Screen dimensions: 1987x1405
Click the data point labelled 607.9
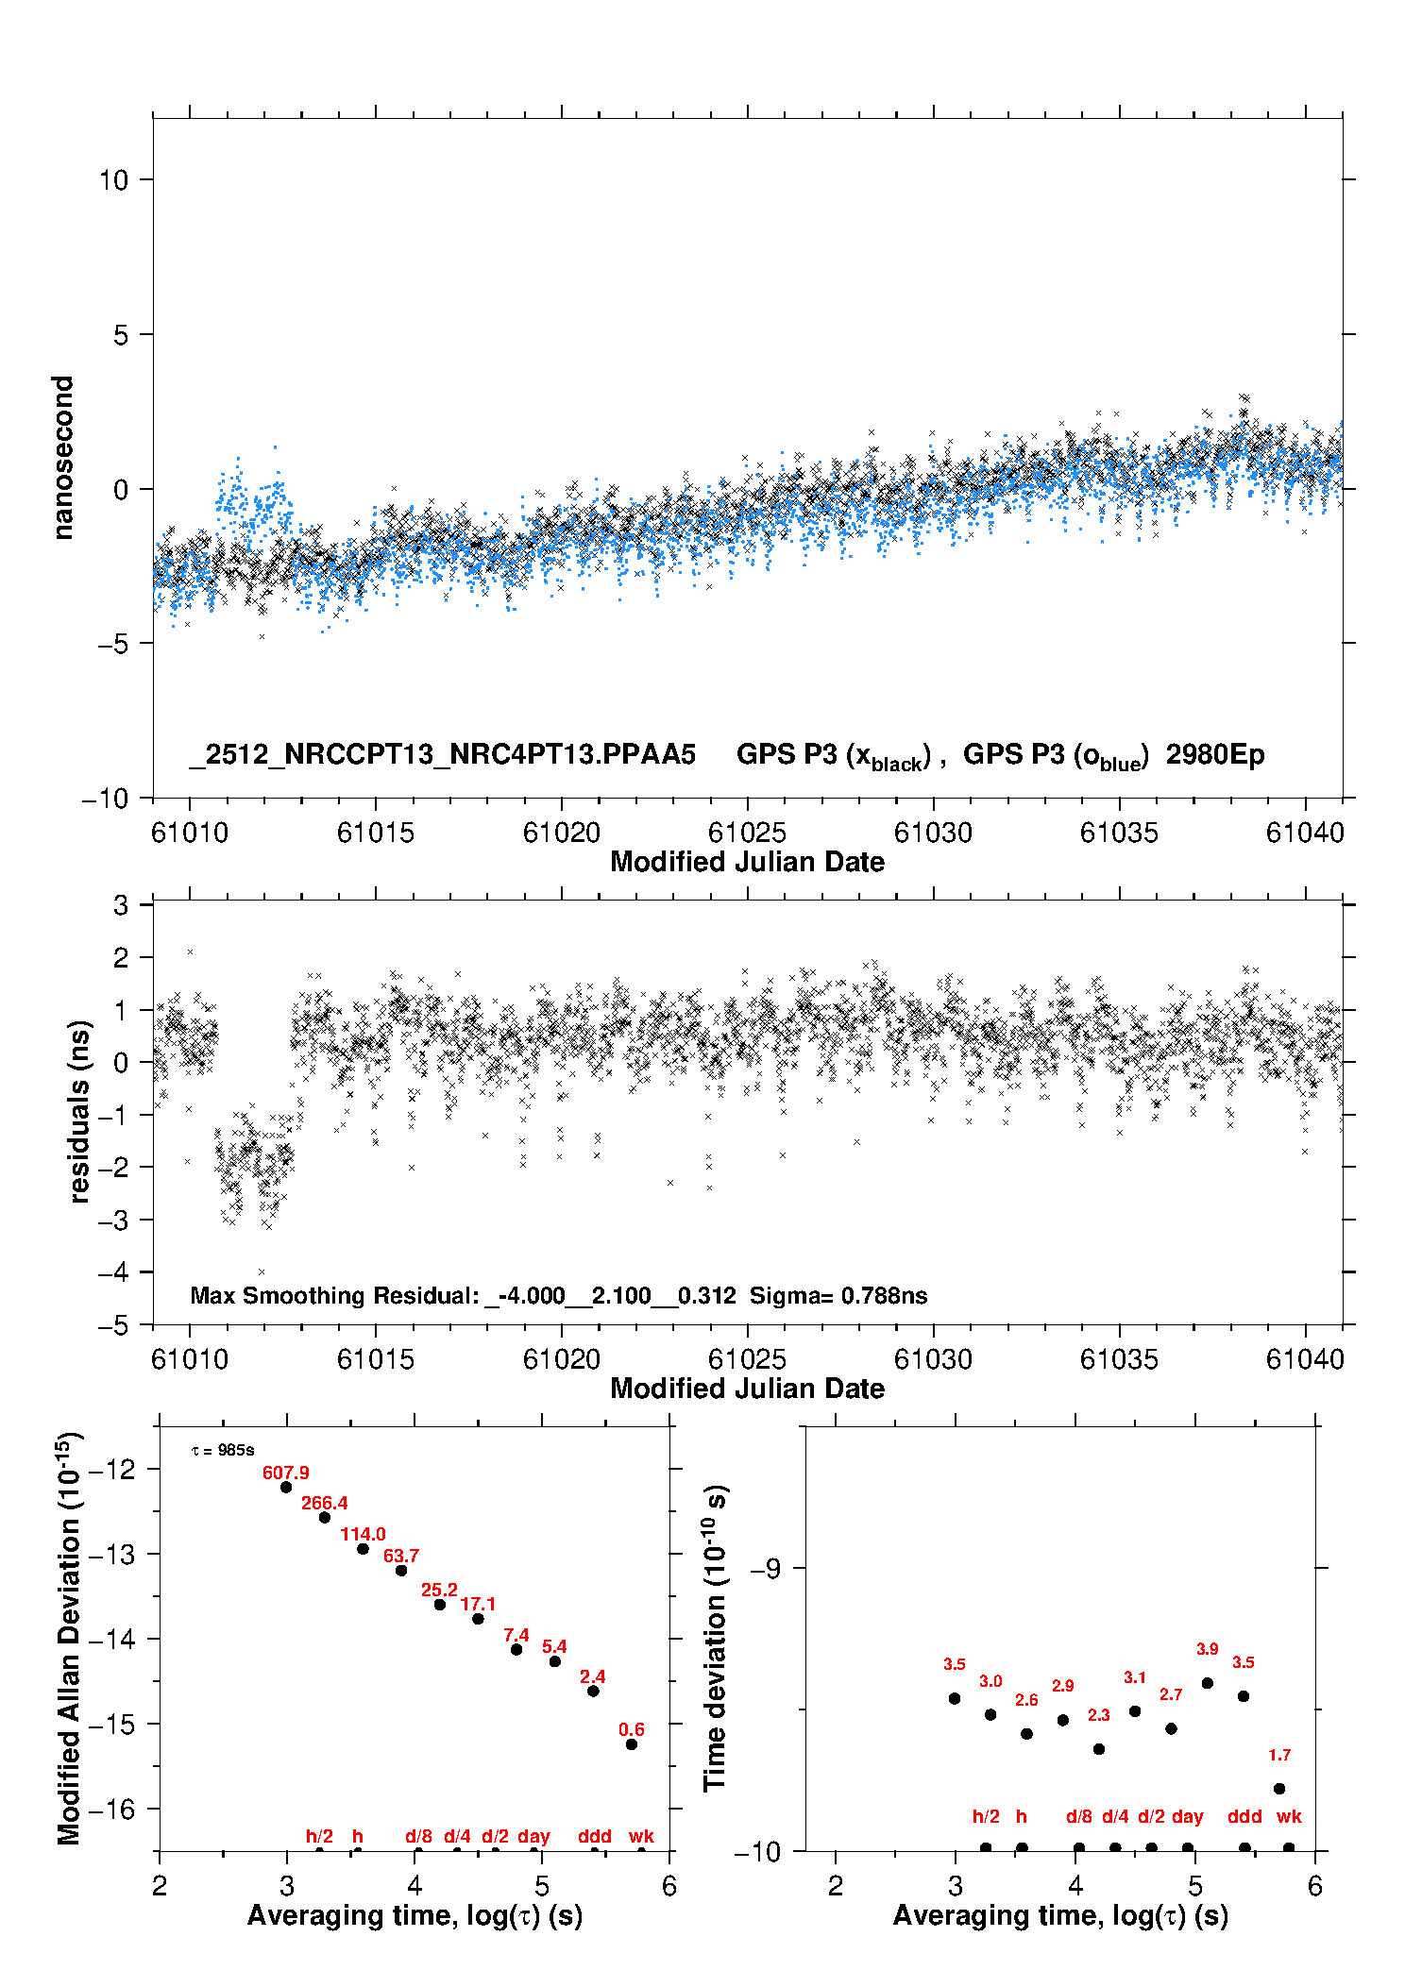pos(286,1487)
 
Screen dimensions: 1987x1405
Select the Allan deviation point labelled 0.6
pos(632,1744)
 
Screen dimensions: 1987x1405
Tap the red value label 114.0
pos(363,1534)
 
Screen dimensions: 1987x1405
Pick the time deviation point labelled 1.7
pos(1279,1789)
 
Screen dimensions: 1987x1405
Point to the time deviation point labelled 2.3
pos(1099,1749)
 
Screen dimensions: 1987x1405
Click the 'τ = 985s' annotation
pos(223,1450)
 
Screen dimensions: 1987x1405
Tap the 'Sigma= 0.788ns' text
pos(838,1295)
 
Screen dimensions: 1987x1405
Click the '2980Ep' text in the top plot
pos(1215,754)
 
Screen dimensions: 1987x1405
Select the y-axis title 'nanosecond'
pos(62,458)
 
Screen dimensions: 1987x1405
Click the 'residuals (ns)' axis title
pos(79,1111)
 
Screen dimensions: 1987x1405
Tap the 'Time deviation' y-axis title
pos(715,1638)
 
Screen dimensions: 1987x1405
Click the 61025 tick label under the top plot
pos(747,833)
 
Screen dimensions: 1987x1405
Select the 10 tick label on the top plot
pos(113,180)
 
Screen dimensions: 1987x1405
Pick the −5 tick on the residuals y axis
pos(113,1325)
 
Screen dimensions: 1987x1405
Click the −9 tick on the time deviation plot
pos(765,1569)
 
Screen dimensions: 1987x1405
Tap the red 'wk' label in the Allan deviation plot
pos(641,1836)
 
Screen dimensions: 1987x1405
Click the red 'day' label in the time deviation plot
pos(1187,1816)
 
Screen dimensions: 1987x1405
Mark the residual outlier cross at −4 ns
pos(262,1272)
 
